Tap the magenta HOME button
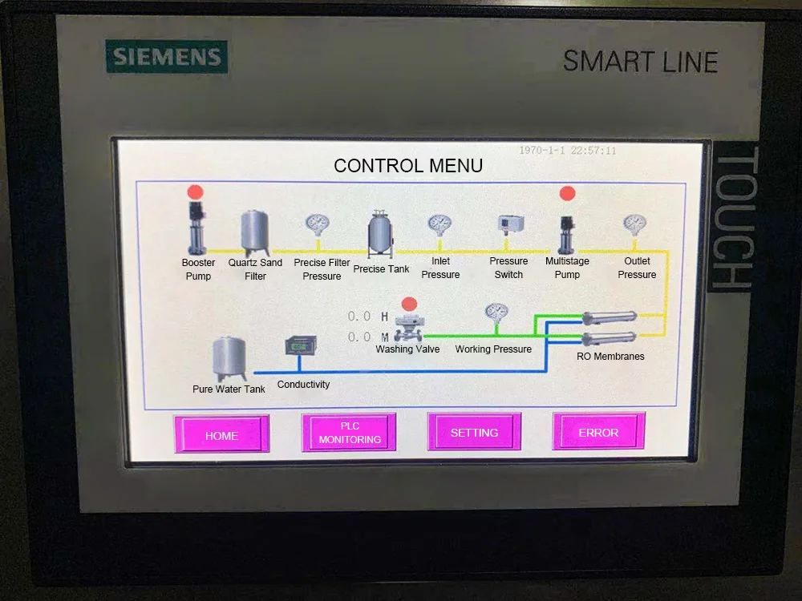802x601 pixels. click(222, 434)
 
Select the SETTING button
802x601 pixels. click(474, 432)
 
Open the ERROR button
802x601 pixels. click(598, 432)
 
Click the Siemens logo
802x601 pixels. click(167, 58)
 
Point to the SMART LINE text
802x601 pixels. click(640, 61)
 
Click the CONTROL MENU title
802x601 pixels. click(408, 166)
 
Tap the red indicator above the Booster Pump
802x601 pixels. click(196, 192)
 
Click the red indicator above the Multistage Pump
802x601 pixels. click(567, 193)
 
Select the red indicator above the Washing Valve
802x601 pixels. click(409, 304)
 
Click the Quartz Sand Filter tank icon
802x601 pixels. click(255, 232)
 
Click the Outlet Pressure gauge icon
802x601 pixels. click(635, 225)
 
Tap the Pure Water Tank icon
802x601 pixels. click(229, 358)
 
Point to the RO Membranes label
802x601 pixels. click(610, 356)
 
